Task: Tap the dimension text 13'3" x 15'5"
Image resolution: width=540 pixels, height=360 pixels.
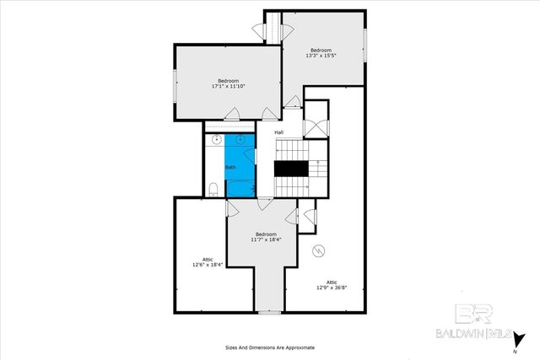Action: tap(321, 56)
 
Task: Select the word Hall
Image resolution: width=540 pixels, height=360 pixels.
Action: tap(278, 132)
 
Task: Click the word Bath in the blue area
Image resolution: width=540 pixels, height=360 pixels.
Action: tap(230, 167)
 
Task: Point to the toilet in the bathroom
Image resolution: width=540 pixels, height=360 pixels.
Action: tap(213, 188)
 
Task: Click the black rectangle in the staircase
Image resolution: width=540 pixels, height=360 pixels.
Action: tap(291, 169)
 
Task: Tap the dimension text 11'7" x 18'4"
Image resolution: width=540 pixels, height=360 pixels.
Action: tap(266, 239)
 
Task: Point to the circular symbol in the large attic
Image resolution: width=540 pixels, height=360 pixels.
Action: tap(320, 250)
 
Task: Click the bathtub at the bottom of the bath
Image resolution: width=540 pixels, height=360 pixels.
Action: tap(240, 188)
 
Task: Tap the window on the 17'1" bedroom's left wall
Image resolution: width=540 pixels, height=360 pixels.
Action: tap(175, 85)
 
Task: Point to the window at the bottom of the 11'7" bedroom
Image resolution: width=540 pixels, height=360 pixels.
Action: tap(270, 312)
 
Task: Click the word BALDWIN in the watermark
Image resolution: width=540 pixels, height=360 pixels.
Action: tap(456, 334)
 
